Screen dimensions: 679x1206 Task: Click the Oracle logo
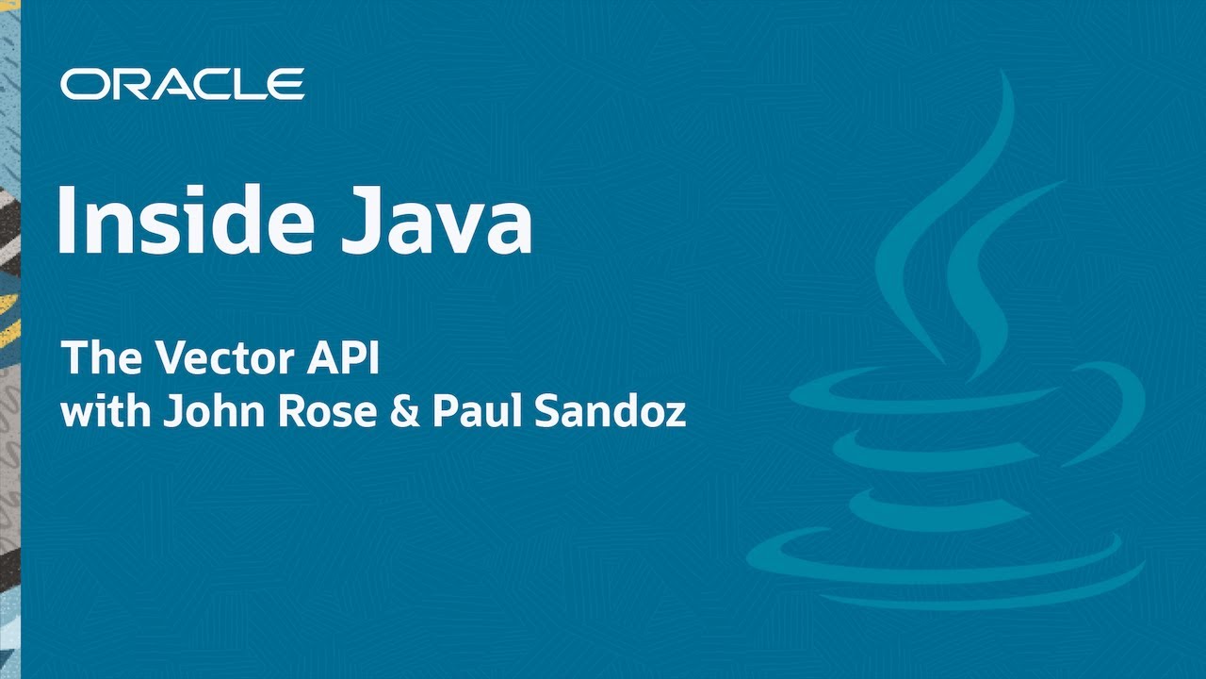point(182,84)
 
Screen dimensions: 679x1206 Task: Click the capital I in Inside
point(66,219)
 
